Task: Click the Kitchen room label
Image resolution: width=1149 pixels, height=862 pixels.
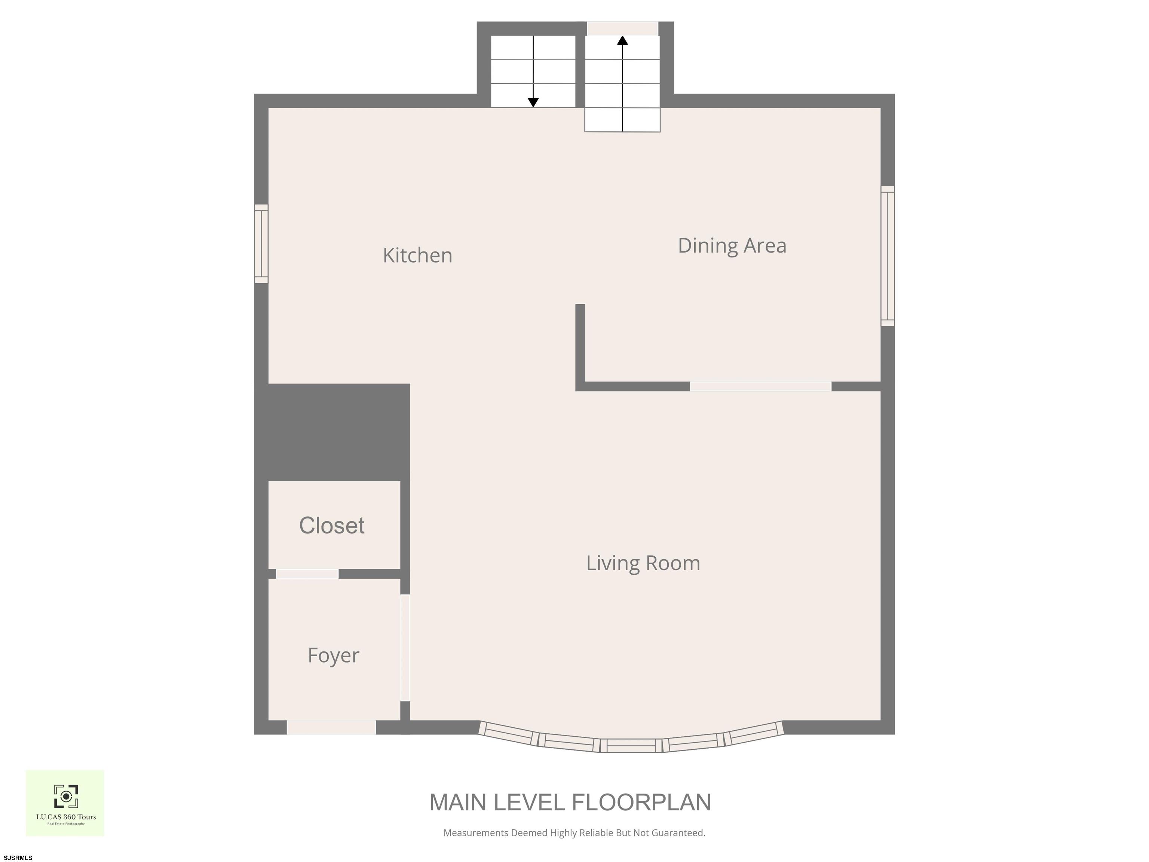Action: (418, 255)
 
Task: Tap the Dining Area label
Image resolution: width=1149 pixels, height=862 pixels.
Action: (732, 246)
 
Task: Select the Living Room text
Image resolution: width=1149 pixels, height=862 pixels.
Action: (643, 563)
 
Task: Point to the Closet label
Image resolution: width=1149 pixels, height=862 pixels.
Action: (332, 525)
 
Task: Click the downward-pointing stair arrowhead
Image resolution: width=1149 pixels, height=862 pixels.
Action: (533, 103)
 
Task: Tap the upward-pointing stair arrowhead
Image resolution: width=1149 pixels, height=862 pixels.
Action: (622, 40)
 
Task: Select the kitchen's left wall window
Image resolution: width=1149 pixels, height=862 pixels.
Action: (261, 244)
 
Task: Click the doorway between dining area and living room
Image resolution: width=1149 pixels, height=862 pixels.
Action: (760, 386)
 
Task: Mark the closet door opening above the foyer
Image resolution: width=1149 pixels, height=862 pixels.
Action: (307, 574)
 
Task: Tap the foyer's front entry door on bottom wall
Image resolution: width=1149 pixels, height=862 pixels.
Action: (331, 727)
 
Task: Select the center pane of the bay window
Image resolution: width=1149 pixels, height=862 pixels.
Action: (631, 746)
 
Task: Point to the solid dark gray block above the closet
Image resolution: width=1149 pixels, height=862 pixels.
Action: (333, 432)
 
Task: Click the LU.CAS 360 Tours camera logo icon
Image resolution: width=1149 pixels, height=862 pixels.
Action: (66, 797)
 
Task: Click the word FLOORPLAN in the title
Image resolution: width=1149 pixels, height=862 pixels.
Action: (641, 802)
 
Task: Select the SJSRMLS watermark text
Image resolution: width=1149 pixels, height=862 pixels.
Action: (18, 858)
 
